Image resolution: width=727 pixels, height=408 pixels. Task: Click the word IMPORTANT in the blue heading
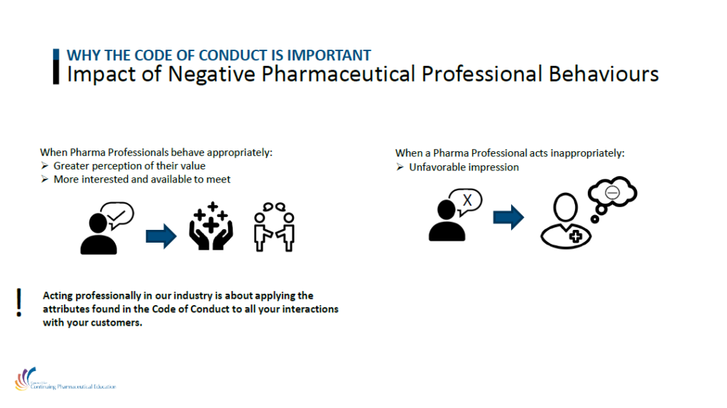tap(329, 55)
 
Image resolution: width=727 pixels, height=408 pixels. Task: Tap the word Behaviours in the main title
tap(603, 74)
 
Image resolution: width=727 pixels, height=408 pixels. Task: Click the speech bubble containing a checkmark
tap(118, 215)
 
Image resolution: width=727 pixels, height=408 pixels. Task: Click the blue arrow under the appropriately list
tap(161, 236)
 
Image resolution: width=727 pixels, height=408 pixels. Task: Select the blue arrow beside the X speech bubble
tap(508, 217)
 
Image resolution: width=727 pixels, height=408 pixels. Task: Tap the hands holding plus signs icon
tap(211, 226)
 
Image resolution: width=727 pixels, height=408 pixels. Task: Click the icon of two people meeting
tap(275, 227)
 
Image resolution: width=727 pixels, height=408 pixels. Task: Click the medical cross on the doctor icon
tap(575, 236)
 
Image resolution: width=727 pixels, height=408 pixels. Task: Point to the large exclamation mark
tap(18, 302)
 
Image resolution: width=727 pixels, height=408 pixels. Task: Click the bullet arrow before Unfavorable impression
tap(400, 167)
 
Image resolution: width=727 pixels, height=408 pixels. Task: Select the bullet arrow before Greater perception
tap(45, 165)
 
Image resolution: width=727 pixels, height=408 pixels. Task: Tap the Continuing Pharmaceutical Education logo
tap(65, 379)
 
